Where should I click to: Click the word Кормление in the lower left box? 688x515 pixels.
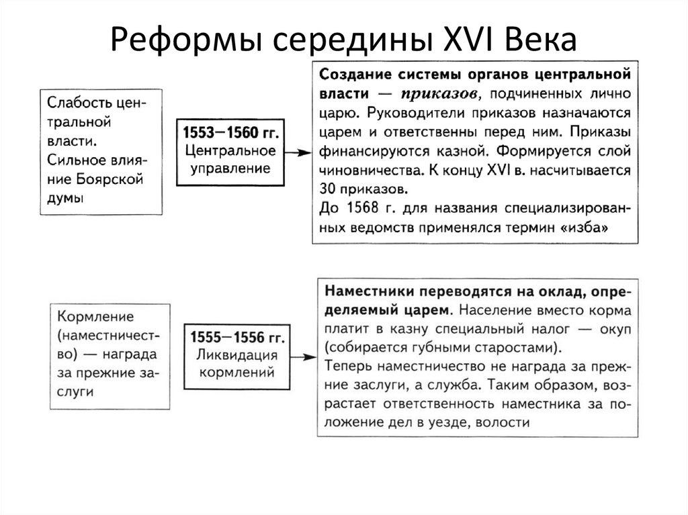tap(96, 315)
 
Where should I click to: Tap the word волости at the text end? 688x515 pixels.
tap(508, 422)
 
